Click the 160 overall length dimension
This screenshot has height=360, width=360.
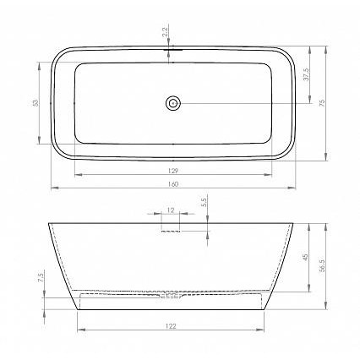pos(173,184)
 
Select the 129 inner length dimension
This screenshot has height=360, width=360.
pos(173,171)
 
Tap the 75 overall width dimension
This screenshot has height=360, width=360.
pos(323,102)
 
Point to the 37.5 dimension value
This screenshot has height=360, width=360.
pos(307,74)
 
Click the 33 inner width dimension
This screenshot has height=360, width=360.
pos(35,103)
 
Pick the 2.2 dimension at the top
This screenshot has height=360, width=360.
pos(165,31)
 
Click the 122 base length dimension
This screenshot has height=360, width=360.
pos(171,326)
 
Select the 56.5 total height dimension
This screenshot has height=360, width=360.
pos(323,265)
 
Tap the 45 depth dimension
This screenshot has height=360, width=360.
pos(306,257)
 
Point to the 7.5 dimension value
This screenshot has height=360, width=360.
pos(41,277)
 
